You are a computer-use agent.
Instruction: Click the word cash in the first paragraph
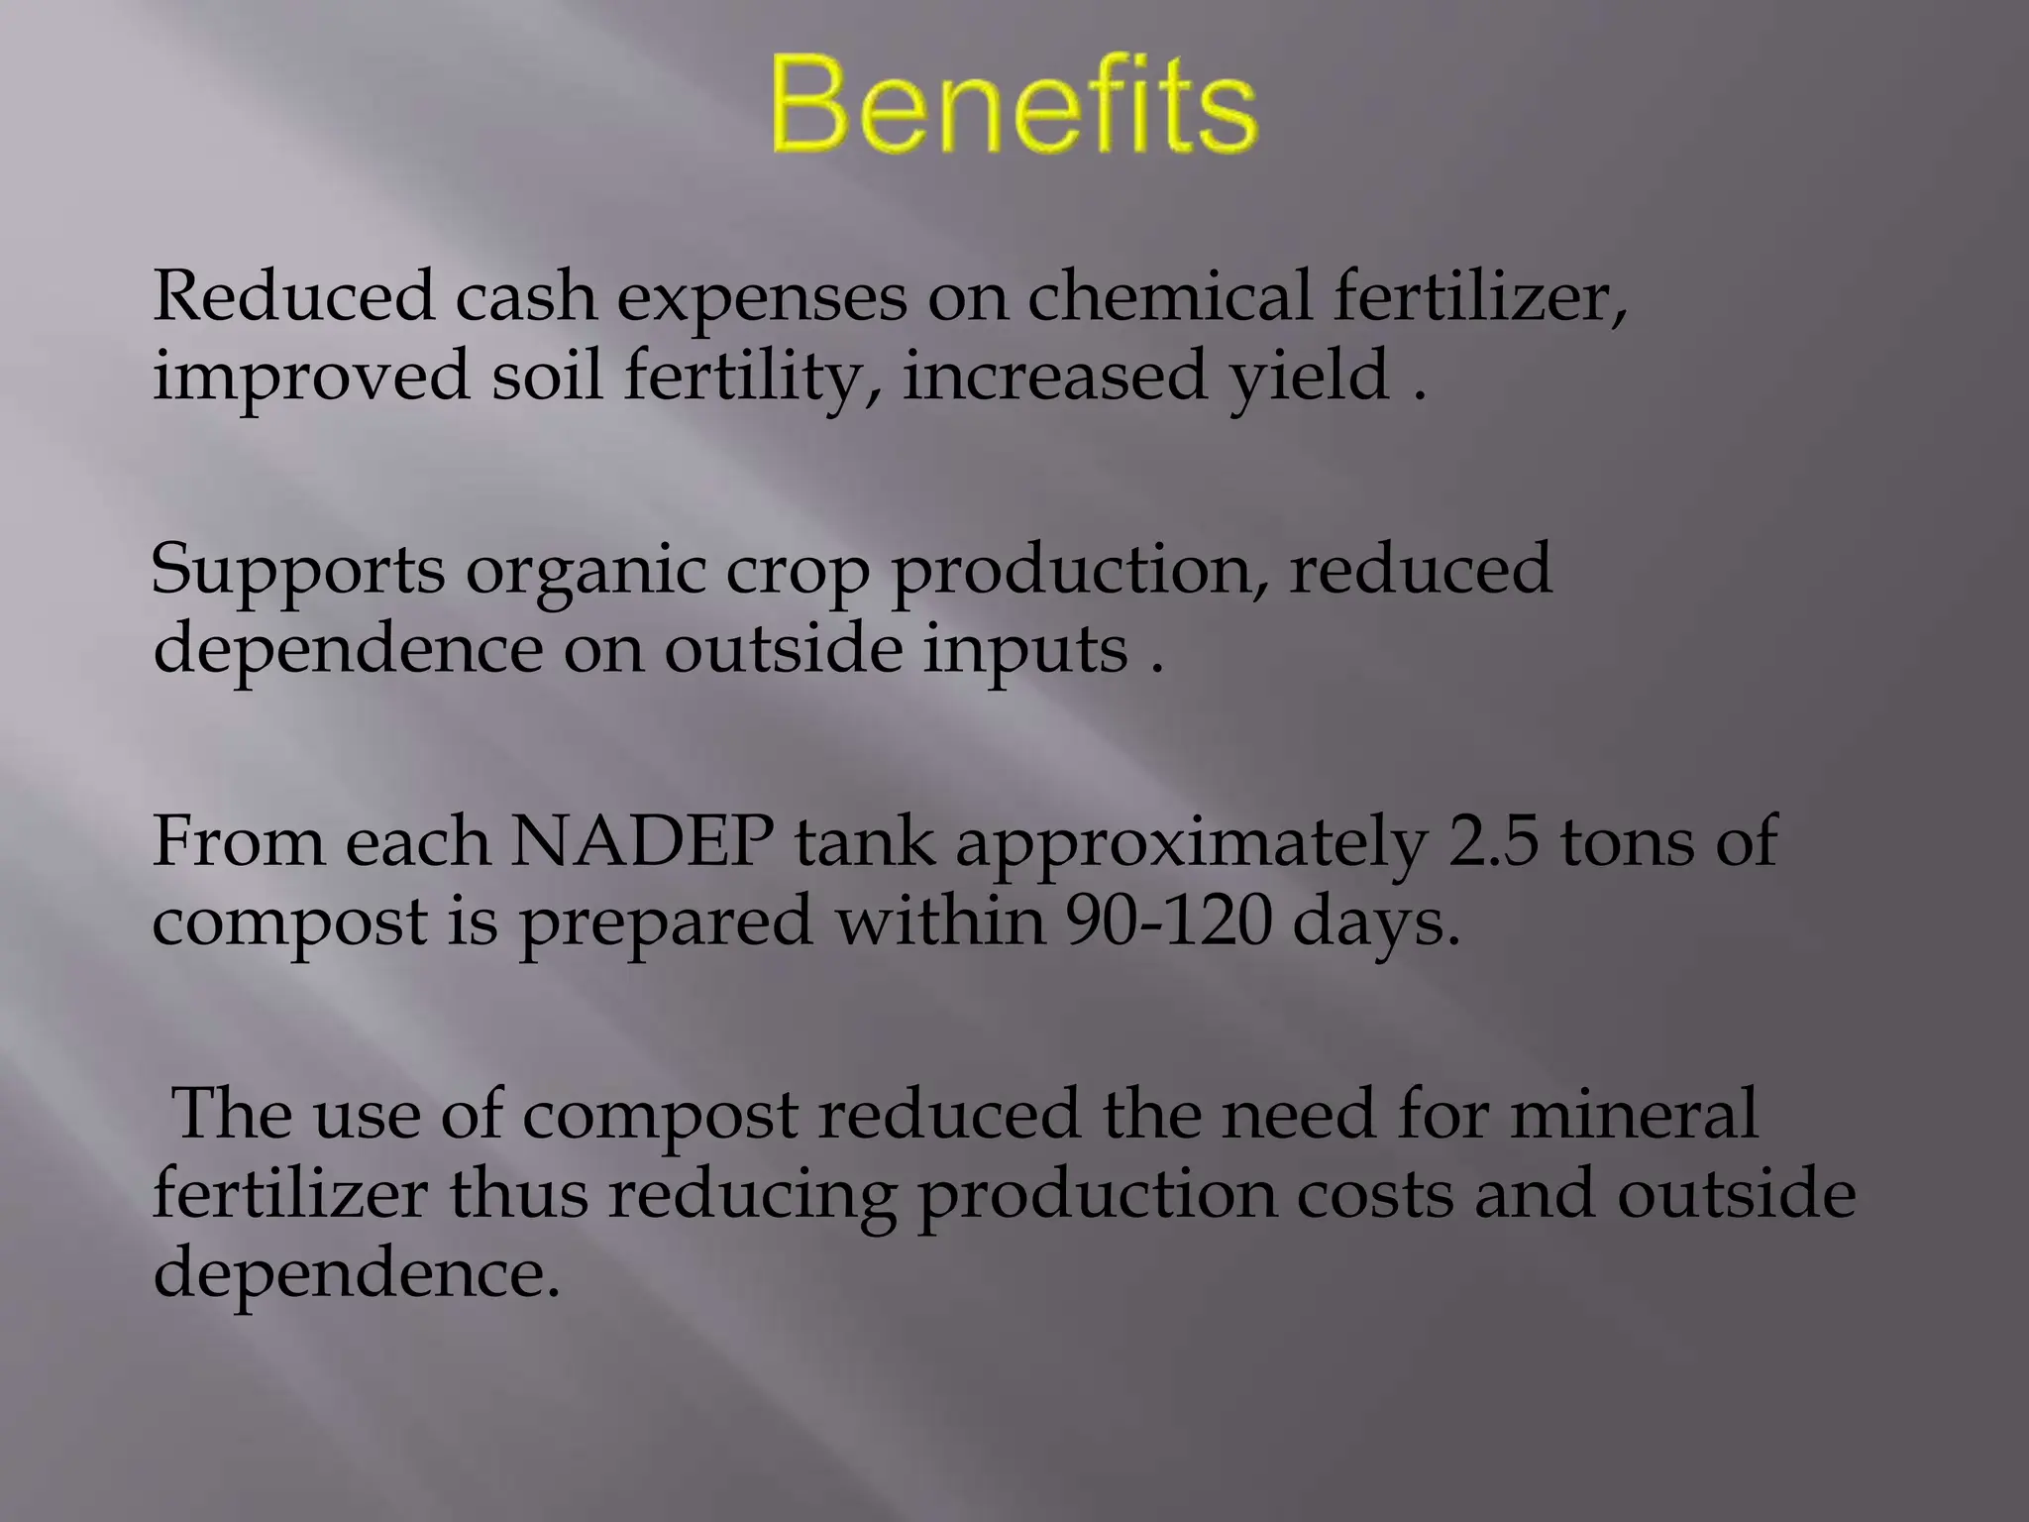[525, 297]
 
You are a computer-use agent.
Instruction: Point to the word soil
[547, 377]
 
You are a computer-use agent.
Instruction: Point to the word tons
[1627, 841]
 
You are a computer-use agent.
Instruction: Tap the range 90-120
[1169, 922]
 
